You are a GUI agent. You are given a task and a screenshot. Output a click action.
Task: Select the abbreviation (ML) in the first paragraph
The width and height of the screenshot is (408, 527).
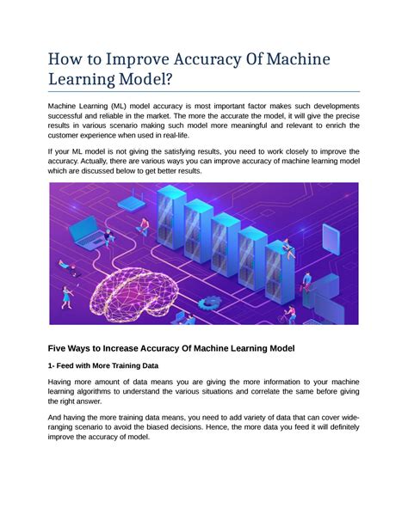click(x=125, y=105)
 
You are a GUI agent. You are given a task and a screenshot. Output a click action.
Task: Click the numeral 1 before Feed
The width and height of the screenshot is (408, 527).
click(x=50, y=366)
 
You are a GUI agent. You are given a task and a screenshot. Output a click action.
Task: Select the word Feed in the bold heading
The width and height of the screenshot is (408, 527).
click(x=71, y=366)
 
